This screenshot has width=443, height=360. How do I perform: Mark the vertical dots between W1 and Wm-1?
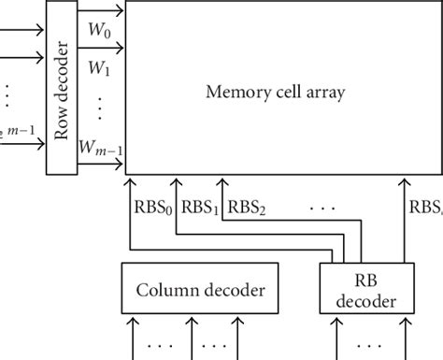(99, 108)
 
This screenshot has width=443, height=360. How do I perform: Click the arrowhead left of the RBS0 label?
(129, 184)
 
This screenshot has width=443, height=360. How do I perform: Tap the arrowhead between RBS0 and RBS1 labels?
(174, 184)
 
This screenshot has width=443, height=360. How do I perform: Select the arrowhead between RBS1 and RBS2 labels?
(221, 184)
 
